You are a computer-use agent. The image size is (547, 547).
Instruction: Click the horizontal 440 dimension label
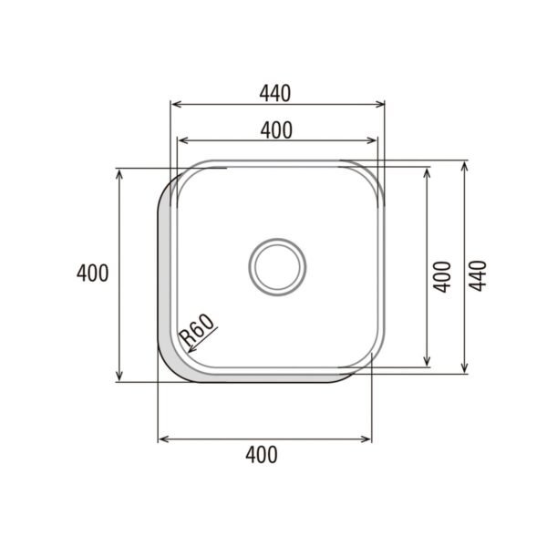coord(274,92)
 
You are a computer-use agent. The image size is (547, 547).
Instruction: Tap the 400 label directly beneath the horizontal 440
coord(275,129)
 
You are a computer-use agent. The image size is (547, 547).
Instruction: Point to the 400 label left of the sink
coord(93,272)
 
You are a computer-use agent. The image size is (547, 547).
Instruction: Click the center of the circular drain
coord(277,265)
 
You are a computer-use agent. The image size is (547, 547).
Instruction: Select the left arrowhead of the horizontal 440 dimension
coord(176,103)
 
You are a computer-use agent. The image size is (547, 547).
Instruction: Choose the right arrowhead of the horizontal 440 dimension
coord(381,103)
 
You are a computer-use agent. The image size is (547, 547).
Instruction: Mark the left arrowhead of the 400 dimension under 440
coord(181,140)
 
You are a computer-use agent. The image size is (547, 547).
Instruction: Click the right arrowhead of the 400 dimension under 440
coord(373,140)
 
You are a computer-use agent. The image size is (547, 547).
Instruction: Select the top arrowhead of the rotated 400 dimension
coord(428,170)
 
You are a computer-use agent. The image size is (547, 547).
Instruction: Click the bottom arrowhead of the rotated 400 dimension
coord(428,364)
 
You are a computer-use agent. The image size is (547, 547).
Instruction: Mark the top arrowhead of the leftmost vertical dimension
coord(119,173)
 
